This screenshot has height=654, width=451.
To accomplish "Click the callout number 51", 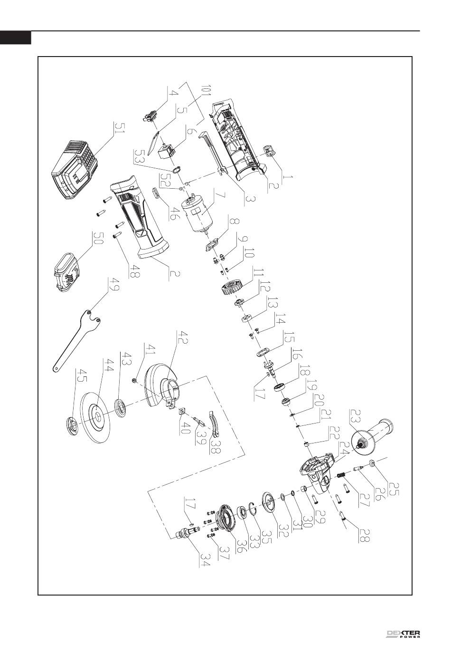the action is tap(119, 127).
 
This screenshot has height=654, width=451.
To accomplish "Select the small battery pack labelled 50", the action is tap(67, 271).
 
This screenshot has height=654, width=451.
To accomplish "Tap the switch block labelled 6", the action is tap(166, 151).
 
